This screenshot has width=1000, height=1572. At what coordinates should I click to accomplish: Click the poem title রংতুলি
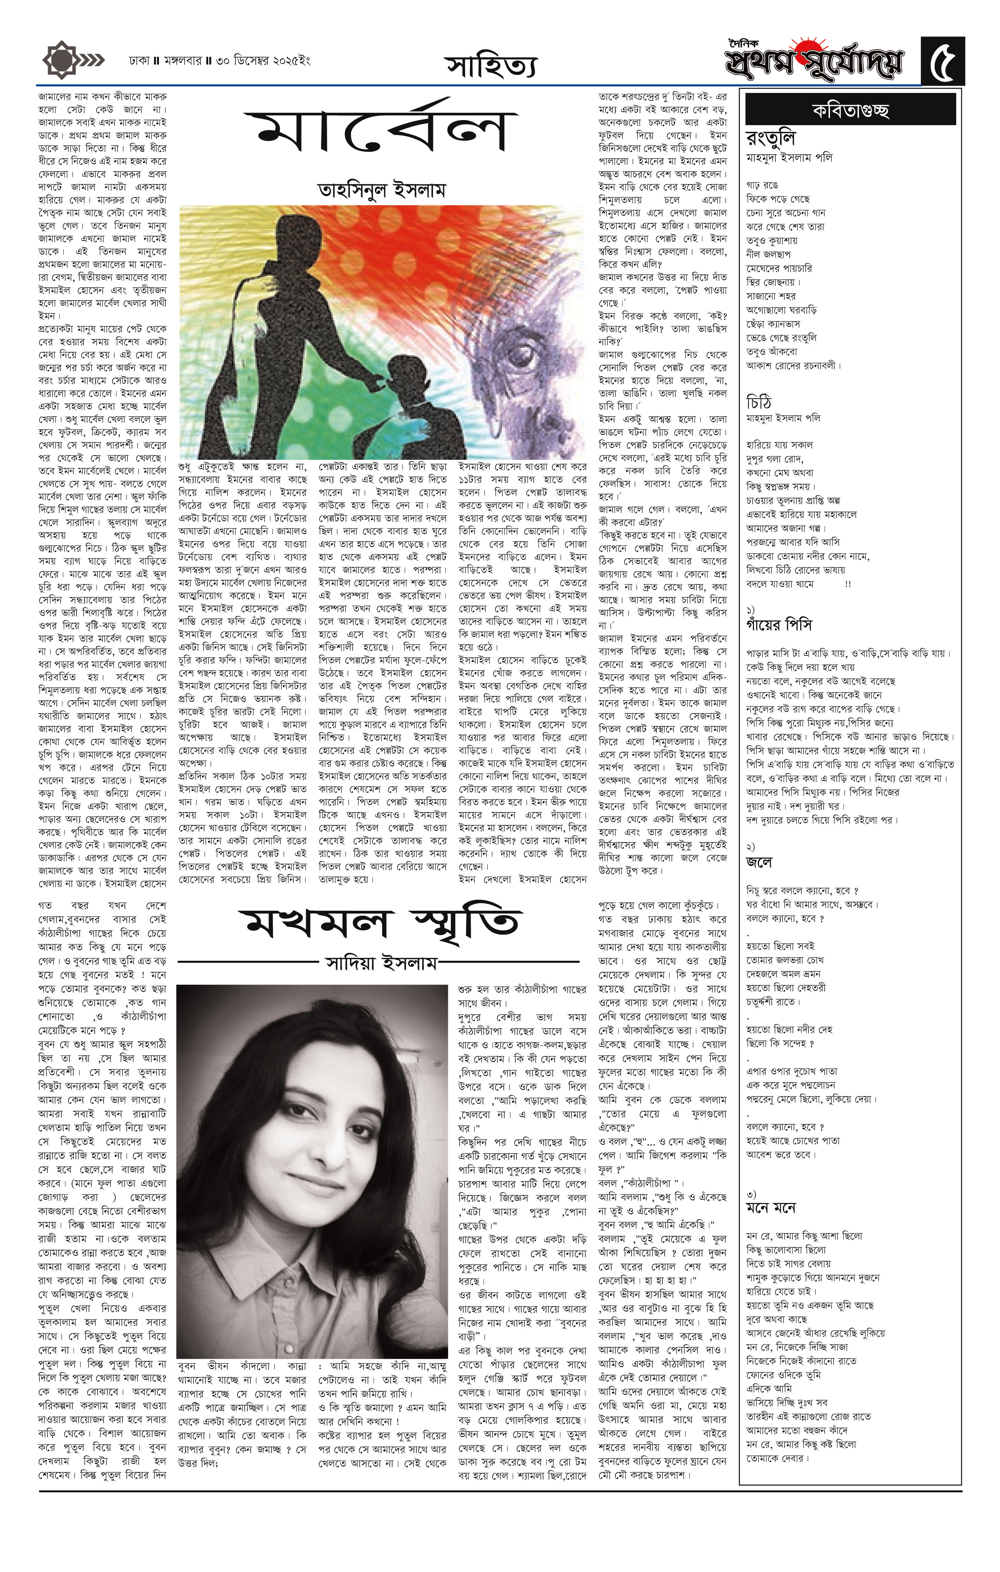tap(770, 140)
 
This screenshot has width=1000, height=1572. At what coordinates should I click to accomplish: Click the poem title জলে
tap(759, 862)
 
